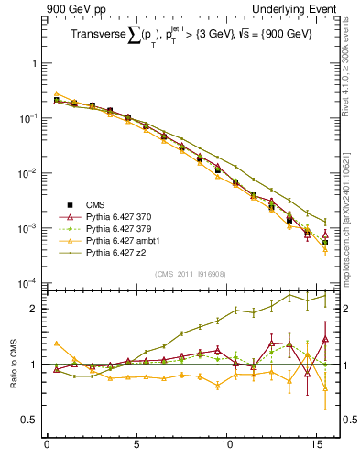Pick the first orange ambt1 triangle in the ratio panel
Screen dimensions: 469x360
pos(56,344)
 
